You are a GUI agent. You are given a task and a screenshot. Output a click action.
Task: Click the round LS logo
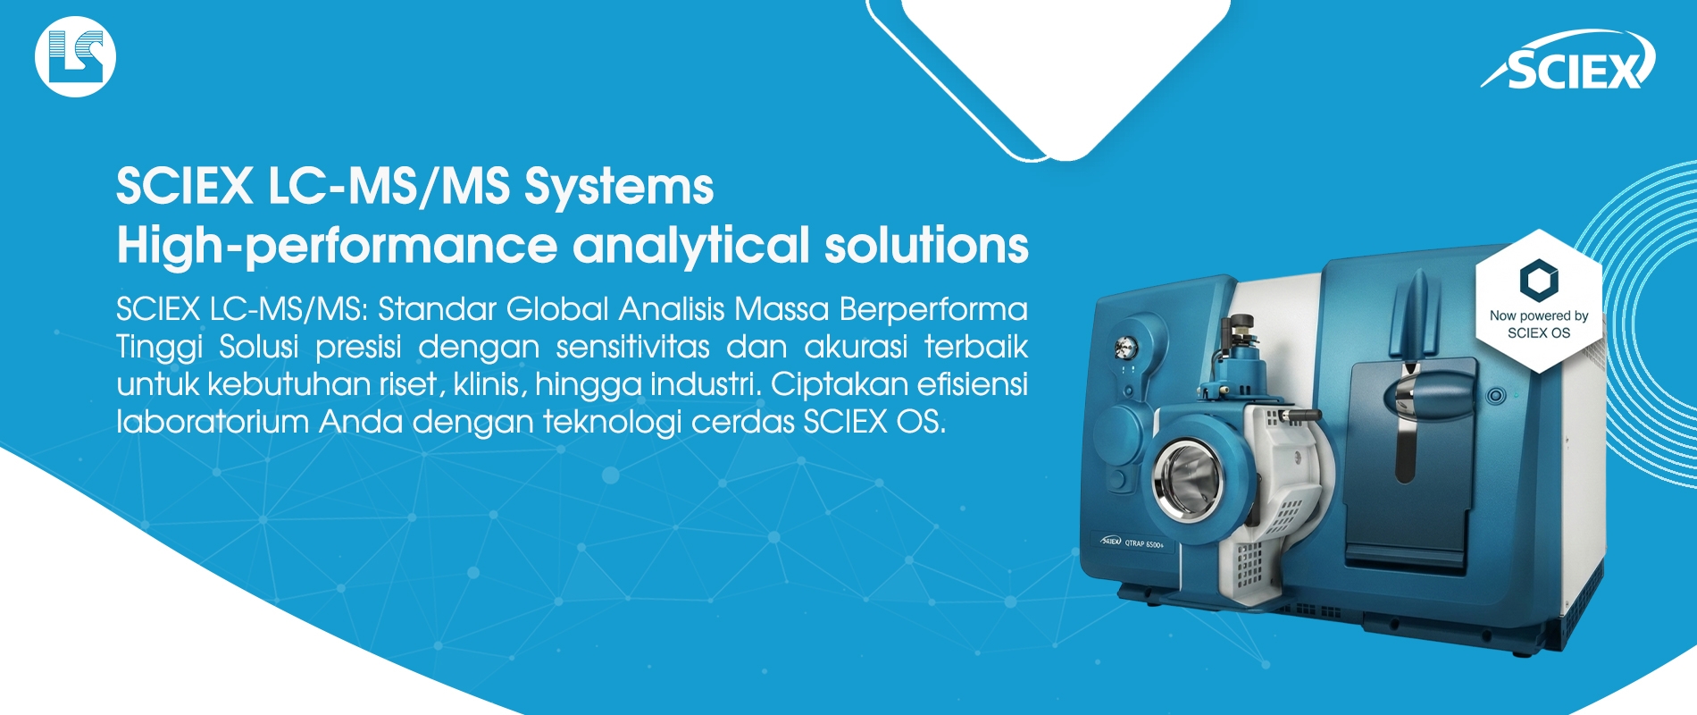[x=75, y=56]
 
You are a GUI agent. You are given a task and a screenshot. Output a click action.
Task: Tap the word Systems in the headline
[x=619, y=188]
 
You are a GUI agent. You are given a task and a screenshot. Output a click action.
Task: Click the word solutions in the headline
[x=926, y=245]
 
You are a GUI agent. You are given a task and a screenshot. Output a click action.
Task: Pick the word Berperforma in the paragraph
[x=933, y=309]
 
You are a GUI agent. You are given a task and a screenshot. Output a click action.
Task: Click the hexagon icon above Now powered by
[x=1539, y=280]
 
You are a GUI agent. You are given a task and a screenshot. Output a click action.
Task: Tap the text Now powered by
[x=1539, y=315]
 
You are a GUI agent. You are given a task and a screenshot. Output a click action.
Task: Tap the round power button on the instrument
[x=1496, y=395]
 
